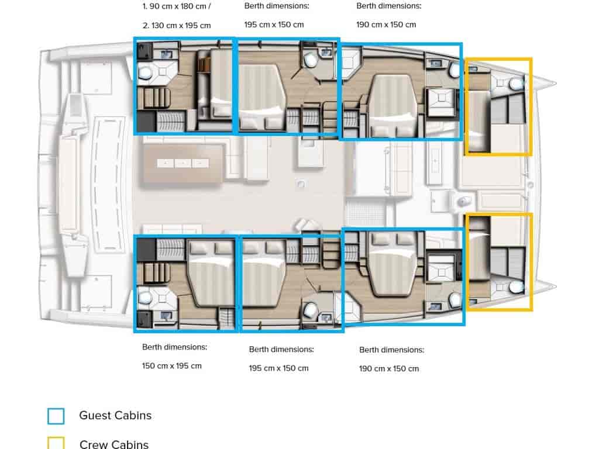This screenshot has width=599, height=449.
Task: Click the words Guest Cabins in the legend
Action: click(115, 416)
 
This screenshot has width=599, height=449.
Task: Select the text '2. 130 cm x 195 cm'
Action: click(177, 26)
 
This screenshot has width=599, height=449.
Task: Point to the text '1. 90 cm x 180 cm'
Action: click(174, 6)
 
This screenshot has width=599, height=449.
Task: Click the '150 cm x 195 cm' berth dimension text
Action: click(172, 366)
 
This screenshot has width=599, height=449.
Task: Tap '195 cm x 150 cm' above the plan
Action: click(274, 25)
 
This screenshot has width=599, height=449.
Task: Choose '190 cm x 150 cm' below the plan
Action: click(389, 368)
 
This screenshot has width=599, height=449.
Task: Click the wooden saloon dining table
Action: click(183, 164)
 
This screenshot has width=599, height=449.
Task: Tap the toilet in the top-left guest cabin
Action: click(145, 72)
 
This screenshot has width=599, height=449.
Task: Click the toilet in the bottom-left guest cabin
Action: click(145, 297)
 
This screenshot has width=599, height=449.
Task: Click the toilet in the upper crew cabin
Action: click(516, 83)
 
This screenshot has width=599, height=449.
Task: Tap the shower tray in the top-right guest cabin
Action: click(442, 98)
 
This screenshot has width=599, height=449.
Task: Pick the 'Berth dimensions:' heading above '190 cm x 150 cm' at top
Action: click(389, 6)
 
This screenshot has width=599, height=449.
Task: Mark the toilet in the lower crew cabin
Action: click(516, 287)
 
